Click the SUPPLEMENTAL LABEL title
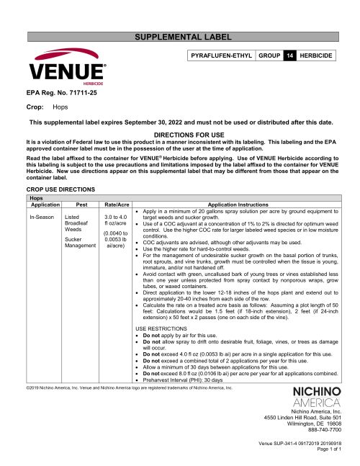(x=179, y=36)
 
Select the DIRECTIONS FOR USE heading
(x=179, y=135)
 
